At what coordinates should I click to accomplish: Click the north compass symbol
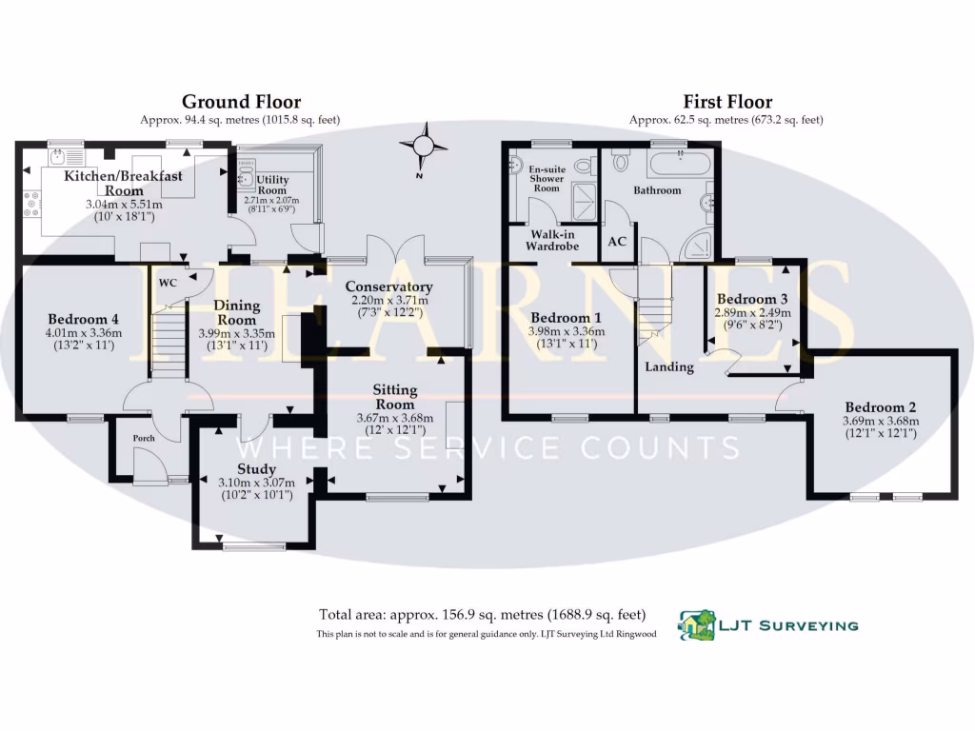(x=425, y=146)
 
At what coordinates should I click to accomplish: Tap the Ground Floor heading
(x=241, y=102)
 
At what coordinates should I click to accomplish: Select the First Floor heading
(x=727, y=102)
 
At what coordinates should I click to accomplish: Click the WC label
(x=168, y=283)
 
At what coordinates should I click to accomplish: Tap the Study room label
(x=256, y=469)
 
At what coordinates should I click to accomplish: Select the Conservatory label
(x=388, y=286)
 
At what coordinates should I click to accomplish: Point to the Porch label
(x=144, y=439)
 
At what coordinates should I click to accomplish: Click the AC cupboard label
(x=617, y=241)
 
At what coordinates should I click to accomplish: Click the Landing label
(x=668, y=366)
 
